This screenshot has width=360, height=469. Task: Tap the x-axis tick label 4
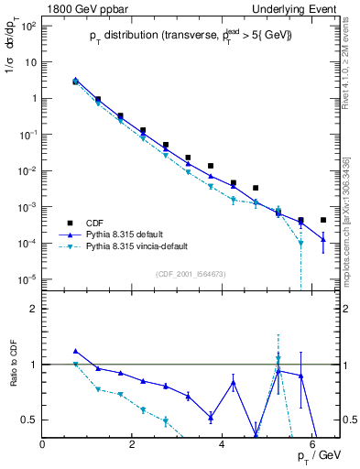pyautogui.click(x=223, y=445)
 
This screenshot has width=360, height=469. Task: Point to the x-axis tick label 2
pyautogui.click(x=133, y=445)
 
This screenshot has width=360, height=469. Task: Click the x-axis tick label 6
pyautogui.click(x=312, y=445)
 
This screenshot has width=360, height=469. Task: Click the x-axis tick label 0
pyautogui.click(x=43, y=445)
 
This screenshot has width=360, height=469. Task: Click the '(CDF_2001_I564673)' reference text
pyautogui.click(x=193, y=274)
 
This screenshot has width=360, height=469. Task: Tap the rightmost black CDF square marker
pyautogui.click(x=323, y=220)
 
